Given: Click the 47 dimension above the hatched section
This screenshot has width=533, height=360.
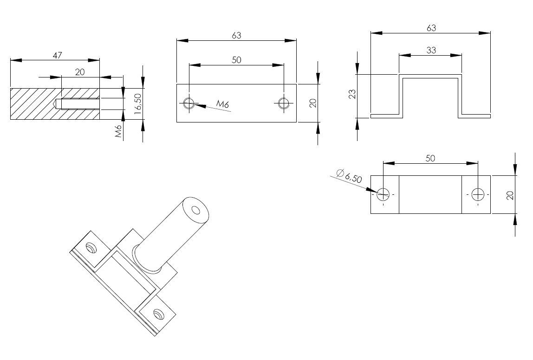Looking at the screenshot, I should (x=57, y=55).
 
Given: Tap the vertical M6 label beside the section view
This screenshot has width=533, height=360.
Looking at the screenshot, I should (x=118, y=131).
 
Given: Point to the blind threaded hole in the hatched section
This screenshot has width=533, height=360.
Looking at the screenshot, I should (x=77, y=103).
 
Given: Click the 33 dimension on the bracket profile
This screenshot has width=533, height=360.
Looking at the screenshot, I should (x=431, y=50).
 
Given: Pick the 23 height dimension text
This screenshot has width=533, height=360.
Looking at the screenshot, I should (x=351, y=95).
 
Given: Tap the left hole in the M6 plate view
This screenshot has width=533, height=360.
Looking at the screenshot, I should (x=189, y=103).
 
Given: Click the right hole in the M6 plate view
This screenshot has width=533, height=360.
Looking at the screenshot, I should (x=283, y=103).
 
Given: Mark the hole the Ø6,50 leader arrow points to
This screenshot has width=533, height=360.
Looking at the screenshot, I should (x=383, y=194).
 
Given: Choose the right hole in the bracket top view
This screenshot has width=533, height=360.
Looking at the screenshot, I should (x=477, y=194).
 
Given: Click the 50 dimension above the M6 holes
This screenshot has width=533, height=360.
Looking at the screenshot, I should (x=236, y=60).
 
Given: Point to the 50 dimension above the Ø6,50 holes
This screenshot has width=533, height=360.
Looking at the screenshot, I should (x=430, y=158).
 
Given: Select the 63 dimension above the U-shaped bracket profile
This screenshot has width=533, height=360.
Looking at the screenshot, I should (x=431, y=28).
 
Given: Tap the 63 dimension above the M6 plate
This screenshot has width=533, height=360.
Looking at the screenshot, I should (x=236, y=35).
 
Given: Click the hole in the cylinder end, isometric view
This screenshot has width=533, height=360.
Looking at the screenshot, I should (x=196, y=211).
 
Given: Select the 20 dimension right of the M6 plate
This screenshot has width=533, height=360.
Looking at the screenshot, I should (x=313, y=103).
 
